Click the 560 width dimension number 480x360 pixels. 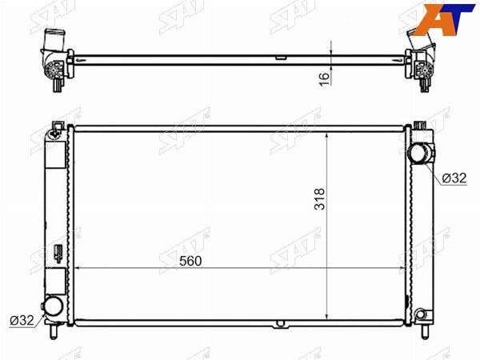coord(190,261)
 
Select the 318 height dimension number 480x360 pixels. coord(319,198)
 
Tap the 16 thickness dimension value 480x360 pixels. coord(325,79)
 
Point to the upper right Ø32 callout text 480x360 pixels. coord(454,178)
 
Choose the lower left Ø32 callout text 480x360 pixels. coord(22,320)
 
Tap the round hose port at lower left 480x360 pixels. coord(54,306)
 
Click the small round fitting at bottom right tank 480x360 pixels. coord(420,314)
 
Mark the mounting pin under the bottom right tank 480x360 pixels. coord(425,332)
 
